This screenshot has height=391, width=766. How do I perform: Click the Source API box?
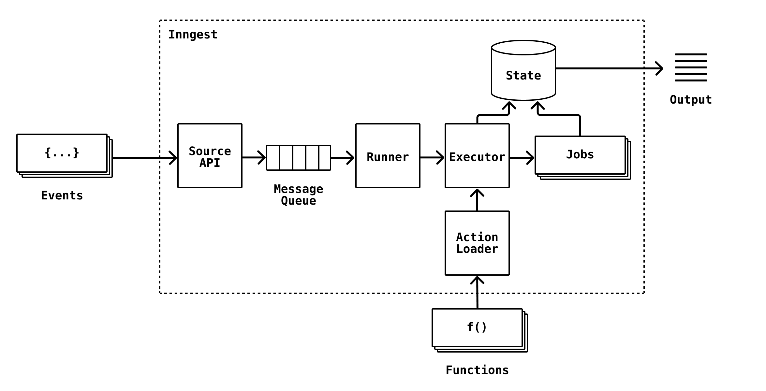[210, 156]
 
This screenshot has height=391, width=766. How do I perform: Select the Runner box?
[388, 156]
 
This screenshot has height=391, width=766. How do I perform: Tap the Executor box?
[477, 156]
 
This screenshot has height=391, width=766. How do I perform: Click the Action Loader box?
[477, 243]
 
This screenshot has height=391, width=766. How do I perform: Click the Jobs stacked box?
[580, 155]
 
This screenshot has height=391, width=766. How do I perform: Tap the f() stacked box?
[477, 328]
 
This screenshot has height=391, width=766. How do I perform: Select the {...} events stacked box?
[62, 153]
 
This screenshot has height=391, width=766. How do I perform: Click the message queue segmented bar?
[298, 158]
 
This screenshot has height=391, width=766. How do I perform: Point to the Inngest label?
[193, 35]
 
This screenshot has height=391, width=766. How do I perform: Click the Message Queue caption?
[298, 195]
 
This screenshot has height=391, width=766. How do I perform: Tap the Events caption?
[62, 195]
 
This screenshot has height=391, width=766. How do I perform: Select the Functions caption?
[477, 370]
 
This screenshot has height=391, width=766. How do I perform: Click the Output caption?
[691, 100]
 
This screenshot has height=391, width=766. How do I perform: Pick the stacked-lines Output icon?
[691, 67]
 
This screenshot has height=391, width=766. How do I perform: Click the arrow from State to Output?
[606, 68]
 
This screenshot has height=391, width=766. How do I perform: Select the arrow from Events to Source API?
[143, 158]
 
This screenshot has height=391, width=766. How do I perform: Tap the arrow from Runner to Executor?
[432, 158]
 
